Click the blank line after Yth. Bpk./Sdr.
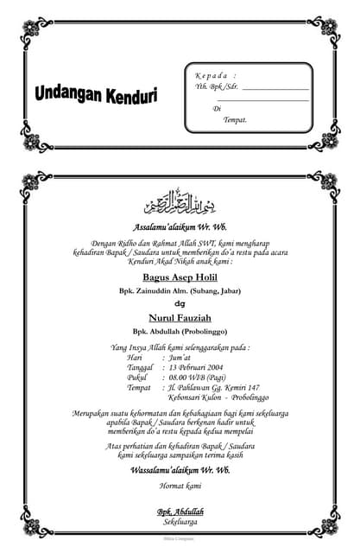275,88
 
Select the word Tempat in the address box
235,119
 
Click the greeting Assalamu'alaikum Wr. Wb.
180,227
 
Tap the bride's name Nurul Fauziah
180,317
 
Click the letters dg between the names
180,303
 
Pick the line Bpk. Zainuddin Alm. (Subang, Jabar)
180,291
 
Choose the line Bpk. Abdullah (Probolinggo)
180,331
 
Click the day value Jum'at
181,356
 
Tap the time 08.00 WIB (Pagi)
201,377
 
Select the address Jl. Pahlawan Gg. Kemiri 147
214,387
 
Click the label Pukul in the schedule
137,377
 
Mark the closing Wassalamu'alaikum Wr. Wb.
180,470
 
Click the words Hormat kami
180,487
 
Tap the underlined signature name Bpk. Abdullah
180,512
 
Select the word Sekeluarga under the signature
180,522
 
